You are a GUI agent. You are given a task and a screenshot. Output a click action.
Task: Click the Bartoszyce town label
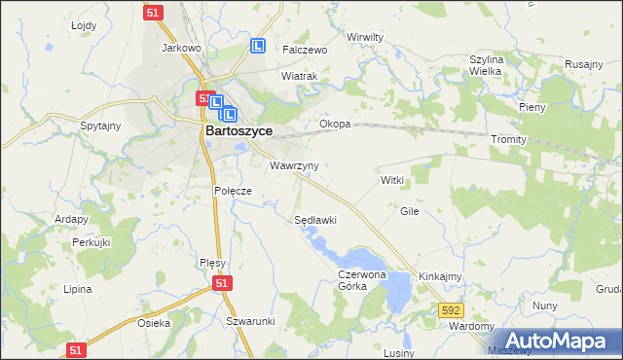[238, 130]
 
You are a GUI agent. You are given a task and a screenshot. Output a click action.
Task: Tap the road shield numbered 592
[449, 309]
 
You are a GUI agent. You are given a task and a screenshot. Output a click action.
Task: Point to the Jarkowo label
[181, 47]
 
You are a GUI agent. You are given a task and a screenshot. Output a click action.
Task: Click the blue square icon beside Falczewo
[258, 46]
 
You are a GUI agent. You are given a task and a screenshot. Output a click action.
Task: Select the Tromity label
[508, 139]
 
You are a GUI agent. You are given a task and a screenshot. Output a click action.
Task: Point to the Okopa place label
[335, 125]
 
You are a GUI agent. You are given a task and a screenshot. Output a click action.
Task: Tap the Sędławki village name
[315, 220]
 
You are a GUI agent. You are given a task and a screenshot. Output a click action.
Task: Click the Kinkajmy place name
[440, 277]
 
